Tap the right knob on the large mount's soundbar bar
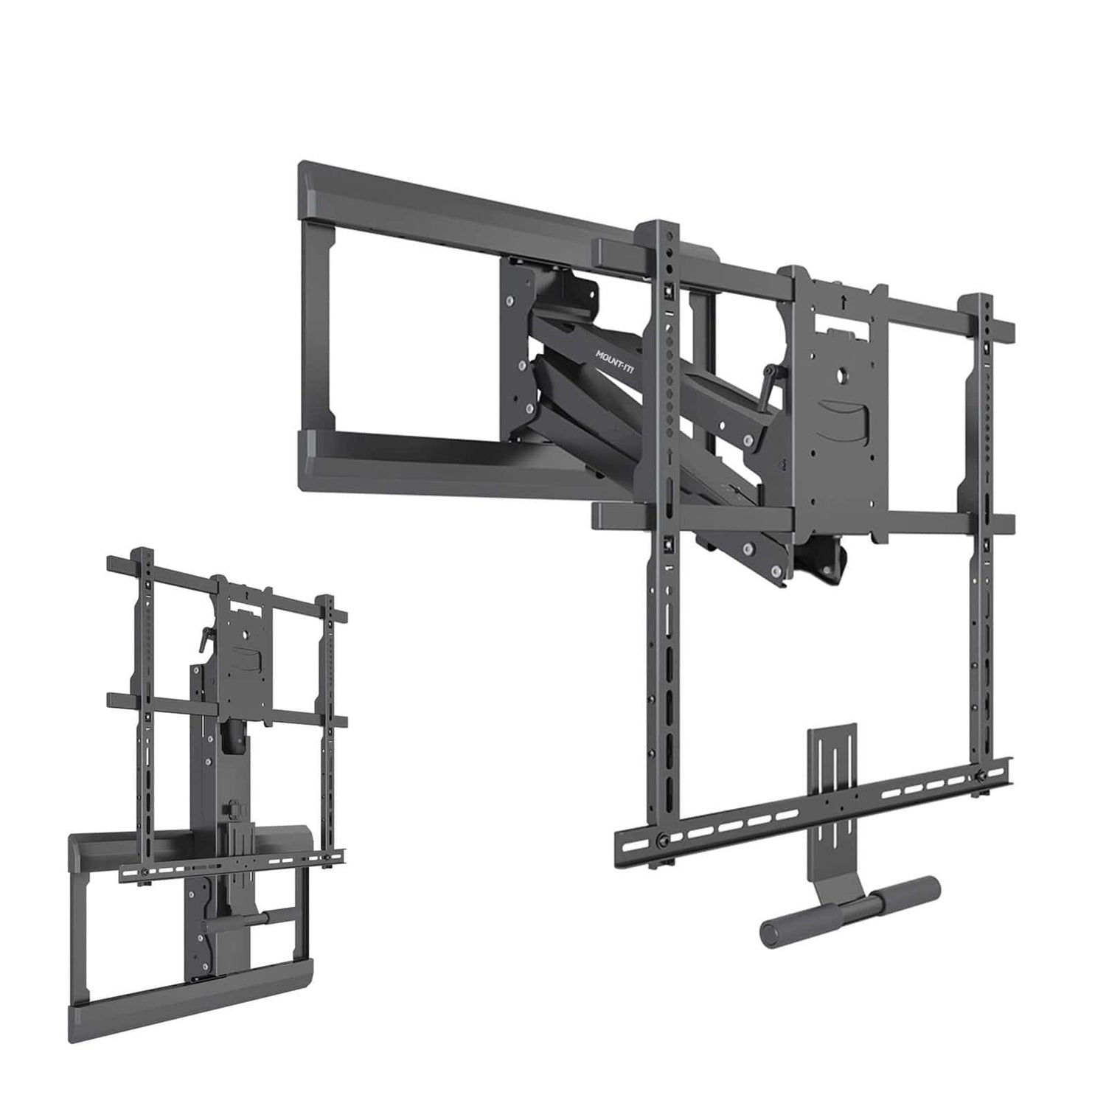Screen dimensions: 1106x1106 (981, 773)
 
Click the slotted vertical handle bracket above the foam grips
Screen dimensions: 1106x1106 (832, 774)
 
